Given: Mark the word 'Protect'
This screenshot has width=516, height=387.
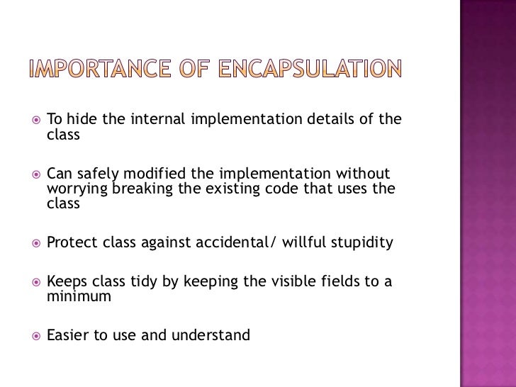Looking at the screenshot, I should pos(71,245).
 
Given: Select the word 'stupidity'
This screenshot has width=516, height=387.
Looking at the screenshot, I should pos(361,245).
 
